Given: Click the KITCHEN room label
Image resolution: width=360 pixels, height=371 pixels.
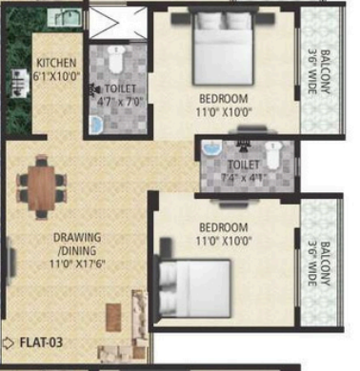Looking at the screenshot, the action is point(56,63).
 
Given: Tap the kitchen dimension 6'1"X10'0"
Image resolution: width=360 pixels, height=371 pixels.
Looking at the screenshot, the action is point(56,76).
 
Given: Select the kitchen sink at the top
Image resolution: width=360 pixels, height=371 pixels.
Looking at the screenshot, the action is point(65,17).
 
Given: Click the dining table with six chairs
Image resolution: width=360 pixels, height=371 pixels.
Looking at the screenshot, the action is point(42,187).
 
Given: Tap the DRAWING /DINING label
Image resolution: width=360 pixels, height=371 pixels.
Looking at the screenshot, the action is point(77,244).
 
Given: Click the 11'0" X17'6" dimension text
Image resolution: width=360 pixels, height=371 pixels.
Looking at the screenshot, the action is point(77,264).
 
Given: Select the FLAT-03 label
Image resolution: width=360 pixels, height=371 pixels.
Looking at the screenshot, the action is point(41,342).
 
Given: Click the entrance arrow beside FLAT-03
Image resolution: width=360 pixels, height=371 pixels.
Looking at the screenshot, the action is point(8,342).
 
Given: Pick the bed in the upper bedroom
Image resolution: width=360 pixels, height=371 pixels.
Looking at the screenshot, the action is point(223,48).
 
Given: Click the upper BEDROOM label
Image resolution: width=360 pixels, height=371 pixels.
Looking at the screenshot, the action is point(224,99).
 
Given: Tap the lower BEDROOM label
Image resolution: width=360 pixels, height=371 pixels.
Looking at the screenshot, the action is point(224,227).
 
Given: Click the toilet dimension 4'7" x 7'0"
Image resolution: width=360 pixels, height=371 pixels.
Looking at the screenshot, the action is point(120,102).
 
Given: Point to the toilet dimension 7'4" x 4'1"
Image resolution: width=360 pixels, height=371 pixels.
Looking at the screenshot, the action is point(244,178).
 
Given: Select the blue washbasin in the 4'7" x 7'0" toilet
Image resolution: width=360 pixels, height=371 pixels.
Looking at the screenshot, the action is point(95,125).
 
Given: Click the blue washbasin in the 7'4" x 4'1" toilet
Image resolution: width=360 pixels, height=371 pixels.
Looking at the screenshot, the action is point(212,148).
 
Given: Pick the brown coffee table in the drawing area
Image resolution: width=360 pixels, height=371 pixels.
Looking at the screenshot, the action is point(113,318).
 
